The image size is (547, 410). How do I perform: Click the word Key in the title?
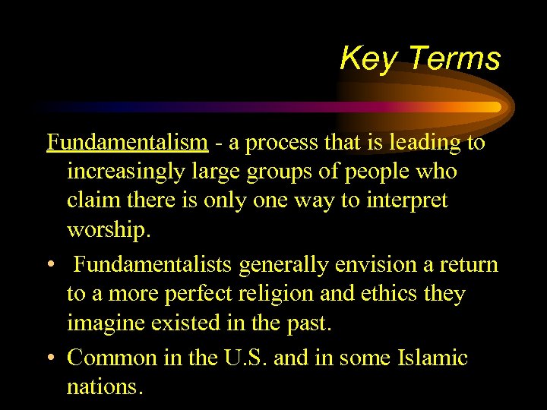(368, 58)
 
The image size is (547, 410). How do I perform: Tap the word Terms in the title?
(454, 58)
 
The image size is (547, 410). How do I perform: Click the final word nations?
(105, 387)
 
